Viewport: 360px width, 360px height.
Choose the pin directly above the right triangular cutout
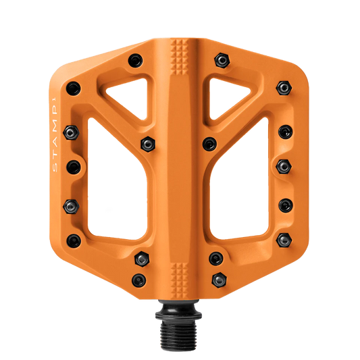click(x=221, y=60)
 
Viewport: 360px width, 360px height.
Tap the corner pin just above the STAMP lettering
click(x=73, y=86)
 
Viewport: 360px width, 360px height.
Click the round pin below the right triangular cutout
click(x=210, y=143)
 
